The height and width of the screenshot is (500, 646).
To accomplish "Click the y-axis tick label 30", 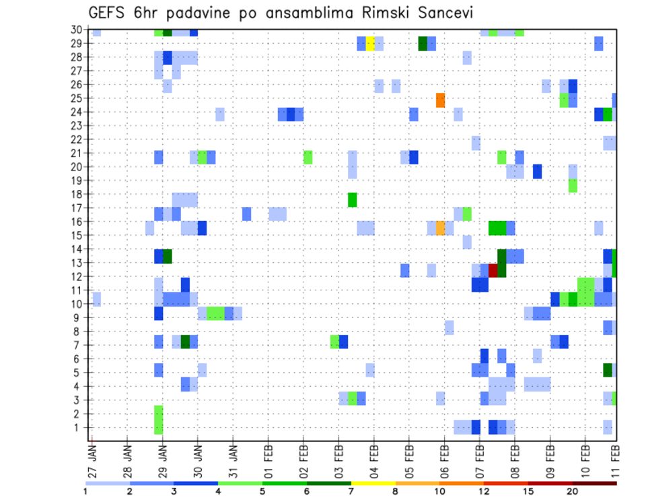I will coord(78,29).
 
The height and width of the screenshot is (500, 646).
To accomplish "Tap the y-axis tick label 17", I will coord(78,208).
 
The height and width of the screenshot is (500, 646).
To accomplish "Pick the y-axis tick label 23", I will coord(78,125).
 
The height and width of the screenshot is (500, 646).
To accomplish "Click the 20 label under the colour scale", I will coord(573,491).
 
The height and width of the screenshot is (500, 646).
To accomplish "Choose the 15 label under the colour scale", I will coord(528,491).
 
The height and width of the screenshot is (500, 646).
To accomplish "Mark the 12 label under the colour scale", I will coord(484,491).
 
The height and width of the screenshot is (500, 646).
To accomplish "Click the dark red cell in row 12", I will coord(493,270).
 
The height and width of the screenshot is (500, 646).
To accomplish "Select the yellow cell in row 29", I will coord(370,43).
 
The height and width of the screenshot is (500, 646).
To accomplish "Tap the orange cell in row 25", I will coord(441,100).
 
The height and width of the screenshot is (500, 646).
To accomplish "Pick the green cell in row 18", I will coord(352,199).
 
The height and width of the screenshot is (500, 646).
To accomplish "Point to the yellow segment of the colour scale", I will coord(373,483).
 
